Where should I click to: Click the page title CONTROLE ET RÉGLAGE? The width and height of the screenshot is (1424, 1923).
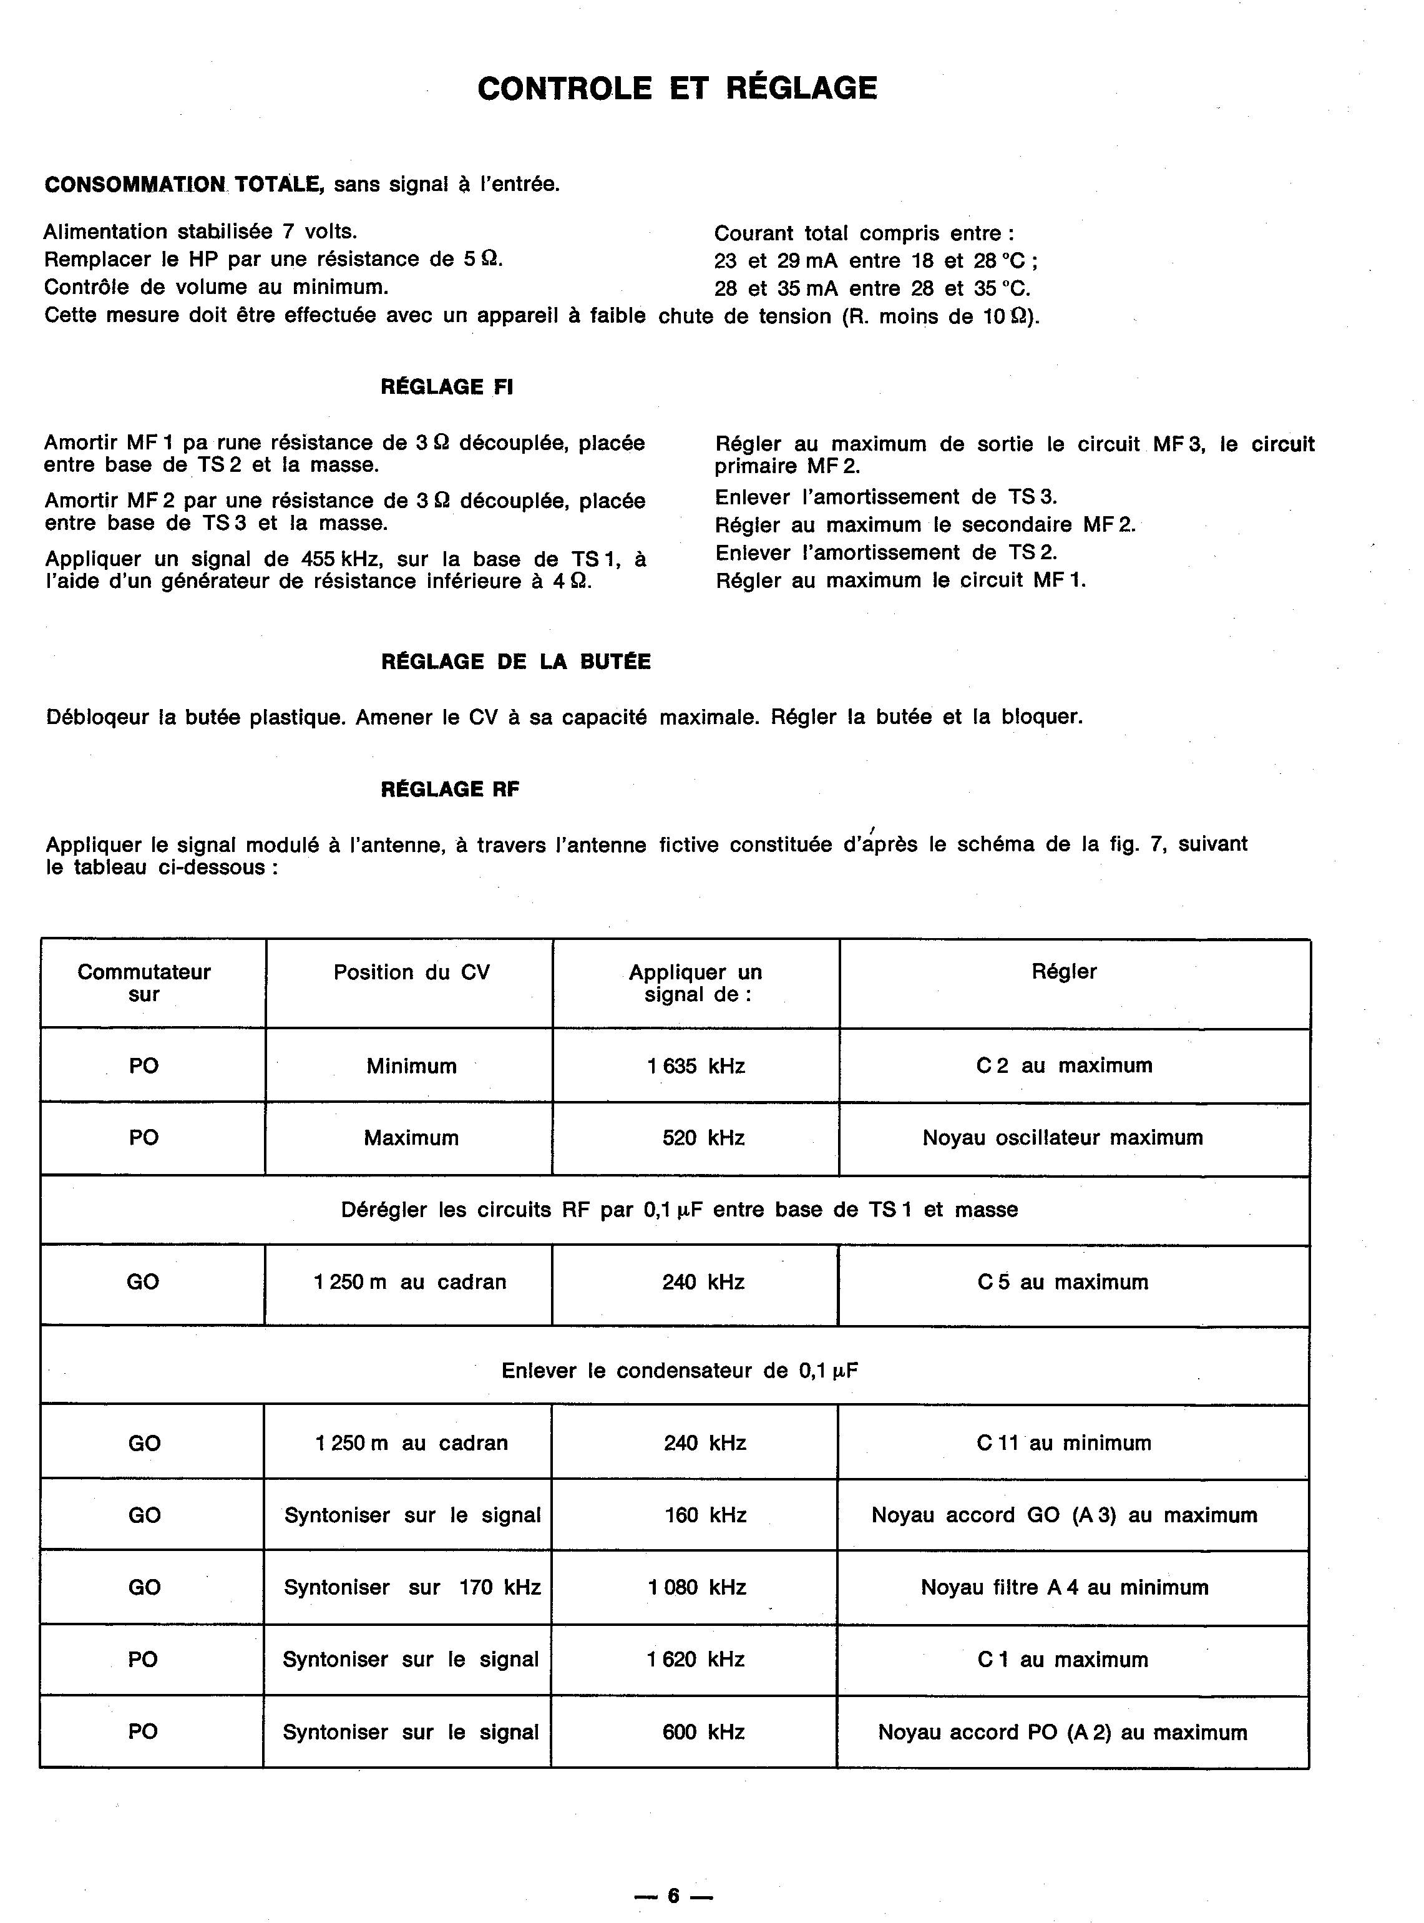678,88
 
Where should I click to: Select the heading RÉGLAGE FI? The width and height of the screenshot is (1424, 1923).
447,387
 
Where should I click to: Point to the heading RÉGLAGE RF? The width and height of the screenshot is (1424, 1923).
450,789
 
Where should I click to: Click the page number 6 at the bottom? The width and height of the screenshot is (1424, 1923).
673,1896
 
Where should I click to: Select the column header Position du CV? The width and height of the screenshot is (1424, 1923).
411,972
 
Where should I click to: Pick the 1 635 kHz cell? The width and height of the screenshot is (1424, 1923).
696,1066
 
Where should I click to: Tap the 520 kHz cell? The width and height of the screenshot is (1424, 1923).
703,1138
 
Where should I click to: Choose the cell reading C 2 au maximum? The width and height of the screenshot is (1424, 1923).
1064,1065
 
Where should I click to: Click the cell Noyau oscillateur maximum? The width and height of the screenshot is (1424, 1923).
1062,1138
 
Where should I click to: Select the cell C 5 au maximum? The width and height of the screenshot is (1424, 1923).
1063,1282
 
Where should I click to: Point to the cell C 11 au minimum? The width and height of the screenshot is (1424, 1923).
1064,1443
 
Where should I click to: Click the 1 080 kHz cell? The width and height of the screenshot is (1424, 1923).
696,1588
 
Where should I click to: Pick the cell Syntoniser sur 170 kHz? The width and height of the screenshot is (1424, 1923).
412,1588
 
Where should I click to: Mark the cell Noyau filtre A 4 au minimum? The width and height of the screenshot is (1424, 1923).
1065,1588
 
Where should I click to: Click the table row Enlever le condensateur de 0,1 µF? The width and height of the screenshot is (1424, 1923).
680,1371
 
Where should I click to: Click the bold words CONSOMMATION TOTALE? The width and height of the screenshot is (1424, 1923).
183,185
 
